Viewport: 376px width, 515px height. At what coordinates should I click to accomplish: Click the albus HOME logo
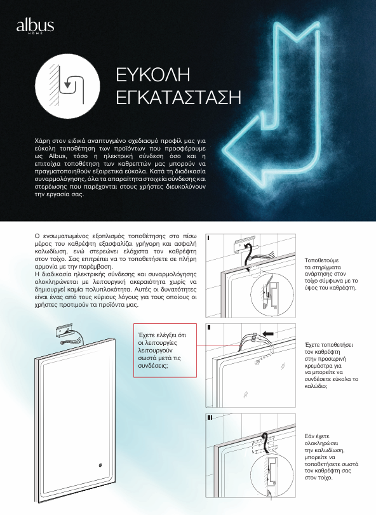pos(35,26)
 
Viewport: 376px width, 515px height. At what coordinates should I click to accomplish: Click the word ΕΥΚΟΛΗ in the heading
pos(153,74)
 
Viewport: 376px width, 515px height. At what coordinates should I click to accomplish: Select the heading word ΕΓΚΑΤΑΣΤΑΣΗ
pos(178,97)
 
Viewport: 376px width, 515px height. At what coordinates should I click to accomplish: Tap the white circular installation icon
pos(67,86)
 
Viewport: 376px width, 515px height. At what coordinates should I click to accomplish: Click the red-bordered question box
pos(165,350)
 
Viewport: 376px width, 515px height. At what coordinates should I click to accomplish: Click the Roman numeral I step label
pos(208,237)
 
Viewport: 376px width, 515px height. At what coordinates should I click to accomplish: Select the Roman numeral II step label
pos(209,328)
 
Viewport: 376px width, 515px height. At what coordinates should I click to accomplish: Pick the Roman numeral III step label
pos(210,417)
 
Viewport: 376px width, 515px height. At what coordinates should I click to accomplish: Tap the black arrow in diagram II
pos(268,333)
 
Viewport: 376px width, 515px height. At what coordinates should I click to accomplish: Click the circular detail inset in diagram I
pos(272,295)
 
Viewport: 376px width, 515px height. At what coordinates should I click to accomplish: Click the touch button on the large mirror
pos(100,465)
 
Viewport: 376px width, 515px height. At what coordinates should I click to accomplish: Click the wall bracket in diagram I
pos(246,244)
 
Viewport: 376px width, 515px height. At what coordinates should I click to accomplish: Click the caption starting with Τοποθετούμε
pos(331,274)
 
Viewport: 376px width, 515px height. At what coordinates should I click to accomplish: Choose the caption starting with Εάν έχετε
pos(332,457)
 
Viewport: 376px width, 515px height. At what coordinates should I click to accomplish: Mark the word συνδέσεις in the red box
pos(153,366)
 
